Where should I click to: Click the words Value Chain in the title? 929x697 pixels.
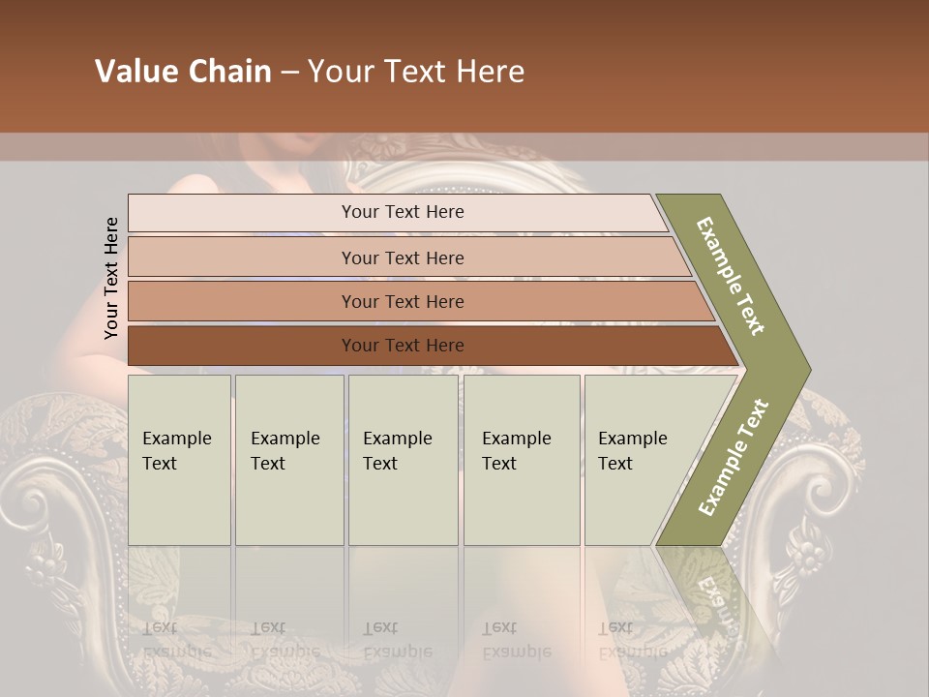(183, 72)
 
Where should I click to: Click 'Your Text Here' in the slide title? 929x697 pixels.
(416, 72)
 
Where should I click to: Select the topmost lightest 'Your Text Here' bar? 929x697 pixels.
(402, 212)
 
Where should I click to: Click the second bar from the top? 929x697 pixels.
(402, 258)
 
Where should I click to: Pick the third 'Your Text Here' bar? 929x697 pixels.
(402, 301)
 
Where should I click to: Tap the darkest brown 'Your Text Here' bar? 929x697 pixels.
(402, 346)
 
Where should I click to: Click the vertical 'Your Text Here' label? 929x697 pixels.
(111, 278)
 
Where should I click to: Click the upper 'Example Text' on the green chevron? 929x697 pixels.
(732, 276)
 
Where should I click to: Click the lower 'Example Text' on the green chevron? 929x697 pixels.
(734, 457)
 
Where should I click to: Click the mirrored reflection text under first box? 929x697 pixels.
(176, 640)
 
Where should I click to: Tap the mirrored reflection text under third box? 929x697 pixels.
(397, 640)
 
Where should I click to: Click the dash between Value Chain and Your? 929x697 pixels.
(289, 73)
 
